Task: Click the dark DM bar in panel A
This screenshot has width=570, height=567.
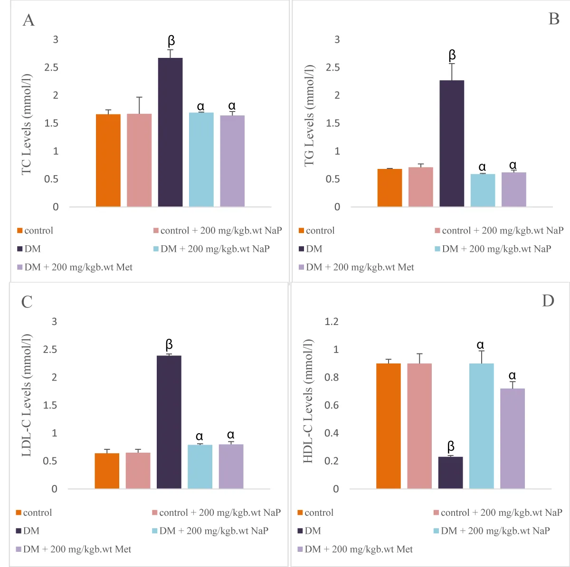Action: [170, 132]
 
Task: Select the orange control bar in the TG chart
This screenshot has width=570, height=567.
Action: [389, 188]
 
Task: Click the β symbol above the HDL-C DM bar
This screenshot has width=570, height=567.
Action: [451, 446]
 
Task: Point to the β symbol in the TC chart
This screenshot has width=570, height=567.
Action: [171, 41]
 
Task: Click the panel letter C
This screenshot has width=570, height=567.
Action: [27, 302]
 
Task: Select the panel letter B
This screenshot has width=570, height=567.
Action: [553, 19]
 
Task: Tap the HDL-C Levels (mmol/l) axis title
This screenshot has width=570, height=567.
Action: [308, 401]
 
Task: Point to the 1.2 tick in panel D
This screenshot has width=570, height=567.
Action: [332, 322]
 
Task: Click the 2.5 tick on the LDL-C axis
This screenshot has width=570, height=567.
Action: [50, 350]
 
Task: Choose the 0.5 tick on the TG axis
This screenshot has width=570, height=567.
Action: [332, 179]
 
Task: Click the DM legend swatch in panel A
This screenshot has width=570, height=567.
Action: [20, 249]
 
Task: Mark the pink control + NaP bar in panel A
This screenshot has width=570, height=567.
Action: [139, 160]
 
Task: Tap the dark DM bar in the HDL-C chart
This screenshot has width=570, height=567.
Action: [450, 473]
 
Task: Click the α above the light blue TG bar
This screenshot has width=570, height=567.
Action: [482, 167]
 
